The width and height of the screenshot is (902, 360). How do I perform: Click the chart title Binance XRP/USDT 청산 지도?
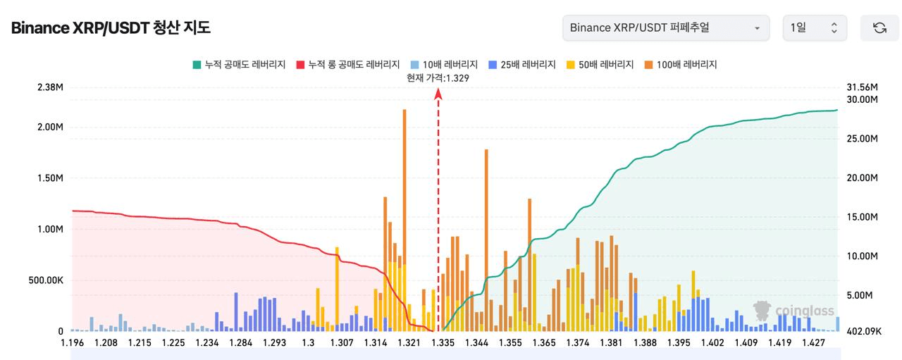111,28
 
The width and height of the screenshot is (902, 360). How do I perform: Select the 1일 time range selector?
814,28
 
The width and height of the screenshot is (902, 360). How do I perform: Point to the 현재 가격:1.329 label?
438,78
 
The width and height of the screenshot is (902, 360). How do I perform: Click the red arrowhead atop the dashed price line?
438,92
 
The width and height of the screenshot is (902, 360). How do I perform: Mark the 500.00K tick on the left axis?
46,280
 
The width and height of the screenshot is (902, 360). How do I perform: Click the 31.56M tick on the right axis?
862,87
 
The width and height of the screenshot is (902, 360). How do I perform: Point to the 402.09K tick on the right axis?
862,331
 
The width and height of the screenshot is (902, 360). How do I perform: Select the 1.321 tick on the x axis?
409,343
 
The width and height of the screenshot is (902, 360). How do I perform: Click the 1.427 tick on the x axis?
813,343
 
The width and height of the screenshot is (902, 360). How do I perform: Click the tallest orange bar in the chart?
404,211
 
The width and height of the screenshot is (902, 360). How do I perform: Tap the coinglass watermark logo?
793,311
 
